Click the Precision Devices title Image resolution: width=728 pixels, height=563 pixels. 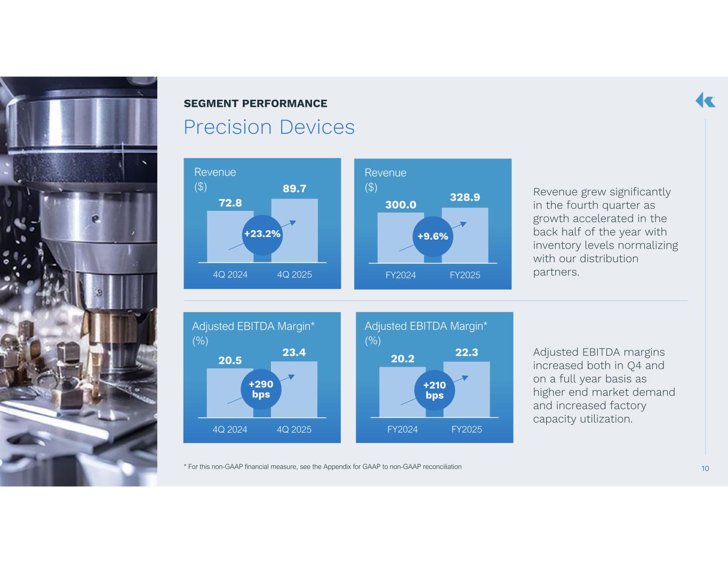tap(269, 127)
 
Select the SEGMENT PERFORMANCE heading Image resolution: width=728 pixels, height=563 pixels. tap(255, 104)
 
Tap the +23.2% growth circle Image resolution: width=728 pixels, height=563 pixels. tap(262, 235)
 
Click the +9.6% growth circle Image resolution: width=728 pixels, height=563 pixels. tap(433, 236)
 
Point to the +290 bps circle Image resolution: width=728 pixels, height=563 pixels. tap(261, 390)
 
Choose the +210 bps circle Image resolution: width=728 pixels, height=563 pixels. tap(435, 391)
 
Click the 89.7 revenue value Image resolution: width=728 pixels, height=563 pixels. tap(294, 188)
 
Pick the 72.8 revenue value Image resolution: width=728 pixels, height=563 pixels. tap(230, 203)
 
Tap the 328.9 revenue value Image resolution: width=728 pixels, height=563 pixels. tap(465, 197)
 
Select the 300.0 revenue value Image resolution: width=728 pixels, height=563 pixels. tap(401, 204)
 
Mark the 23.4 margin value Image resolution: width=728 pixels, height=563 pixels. tap(294, 352)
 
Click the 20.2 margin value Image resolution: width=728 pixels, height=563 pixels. tap(403, 359)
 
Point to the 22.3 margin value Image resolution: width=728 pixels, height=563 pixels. tap(467, 352)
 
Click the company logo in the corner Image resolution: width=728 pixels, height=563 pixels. tap(705, 100)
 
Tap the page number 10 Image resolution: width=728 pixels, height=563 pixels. tap(705, 469)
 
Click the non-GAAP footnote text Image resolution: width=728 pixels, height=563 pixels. tap(323, 467)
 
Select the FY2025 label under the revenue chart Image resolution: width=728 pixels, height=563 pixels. tap(465, 275)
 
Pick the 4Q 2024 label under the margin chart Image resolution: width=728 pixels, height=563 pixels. tap(230, 430)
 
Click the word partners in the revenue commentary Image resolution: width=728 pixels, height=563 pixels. tap(556, 272)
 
